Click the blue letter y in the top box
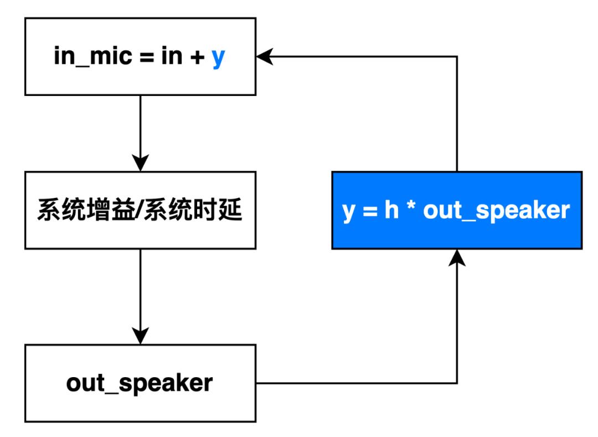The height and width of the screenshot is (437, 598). click(x=219, y=58)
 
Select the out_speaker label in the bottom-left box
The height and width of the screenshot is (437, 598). click(x=140, y=383)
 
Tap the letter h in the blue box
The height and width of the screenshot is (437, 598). click(x=391, y=211)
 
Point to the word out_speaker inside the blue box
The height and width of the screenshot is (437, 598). click(x=496, y=211)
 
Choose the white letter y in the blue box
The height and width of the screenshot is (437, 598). click(x=349, y=212)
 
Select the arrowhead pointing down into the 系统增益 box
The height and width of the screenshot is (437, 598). click(x=141, y=164)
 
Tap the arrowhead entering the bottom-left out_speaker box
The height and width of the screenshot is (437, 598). click(x=141, y=336)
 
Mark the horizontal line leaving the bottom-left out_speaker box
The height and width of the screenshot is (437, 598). click(x=354, y=383)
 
